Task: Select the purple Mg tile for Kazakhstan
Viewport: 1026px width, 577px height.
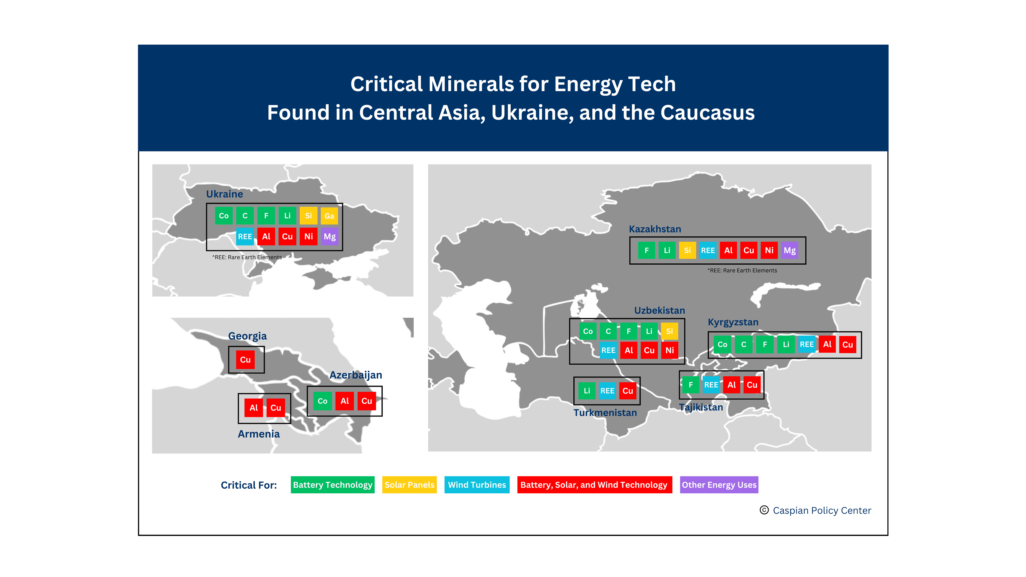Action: click(790, 251)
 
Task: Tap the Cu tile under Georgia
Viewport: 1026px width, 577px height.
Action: click(245, 360)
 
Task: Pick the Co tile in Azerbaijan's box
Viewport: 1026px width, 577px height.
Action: click(322, 401)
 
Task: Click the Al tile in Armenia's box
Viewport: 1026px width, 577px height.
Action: click(254, 408)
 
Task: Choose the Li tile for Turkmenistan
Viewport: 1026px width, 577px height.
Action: click(587, 391)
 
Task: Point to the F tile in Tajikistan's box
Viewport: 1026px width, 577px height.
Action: click(691, 385)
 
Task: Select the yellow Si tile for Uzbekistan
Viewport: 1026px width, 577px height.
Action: click(670, 331)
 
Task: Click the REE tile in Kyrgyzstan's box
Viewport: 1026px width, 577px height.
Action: click(807, 344)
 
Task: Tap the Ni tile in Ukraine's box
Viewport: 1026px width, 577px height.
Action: click(308, 236)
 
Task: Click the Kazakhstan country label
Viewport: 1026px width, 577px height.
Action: click(655, 229)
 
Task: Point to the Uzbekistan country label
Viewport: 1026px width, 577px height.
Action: click(660, 310)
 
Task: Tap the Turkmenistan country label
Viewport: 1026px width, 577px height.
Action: click(605, 412)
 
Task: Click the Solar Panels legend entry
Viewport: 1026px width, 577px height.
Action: click(409, 485)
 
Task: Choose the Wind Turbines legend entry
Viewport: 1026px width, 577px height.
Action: click(477, 485)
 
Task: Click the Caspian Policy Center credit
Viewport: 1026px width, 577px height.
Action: click(822, 510)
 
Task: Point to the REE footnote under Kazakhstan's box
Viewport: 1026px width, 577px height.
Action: click(742, 270)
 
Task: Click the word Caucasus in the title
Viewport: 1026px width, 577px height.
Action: click(707, 113)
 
